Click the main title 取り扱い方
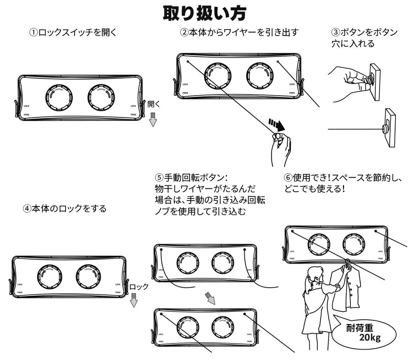pyautogui.click(x=205, y=13)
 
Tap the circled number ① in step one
pyautogui.click(x=33, y=33)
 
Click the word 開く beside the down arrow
pyautogui.click(x=154, y=104)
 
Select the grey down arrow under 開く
pyautogui.click(x=153, y=119)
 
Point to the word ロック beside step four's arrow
pyautogui.click(x=139, y=287)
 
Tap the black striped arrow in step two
pyautogui.click(x=276, y=125)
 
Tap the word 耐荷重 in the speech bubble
pyautogui.click(x=360, y=328)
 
